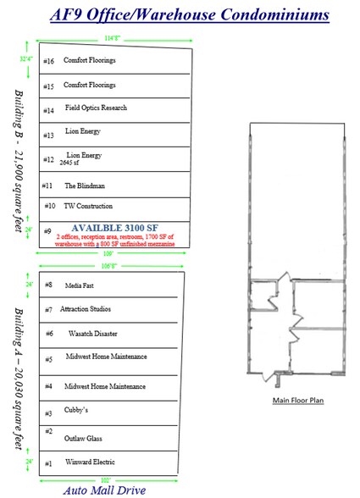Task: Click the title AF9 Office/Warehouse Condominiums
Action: coord(180,15)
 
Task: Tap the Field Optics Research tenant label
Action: coord(96,109)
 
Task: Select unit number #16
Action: coord(48,61)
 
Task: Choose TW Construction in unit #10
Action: coord(88,206)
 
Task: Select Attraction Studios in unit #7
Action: coord(86,310)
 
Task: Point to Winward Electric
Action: coord(88,462)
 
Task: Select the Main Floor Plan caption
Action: coord(296,399)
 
